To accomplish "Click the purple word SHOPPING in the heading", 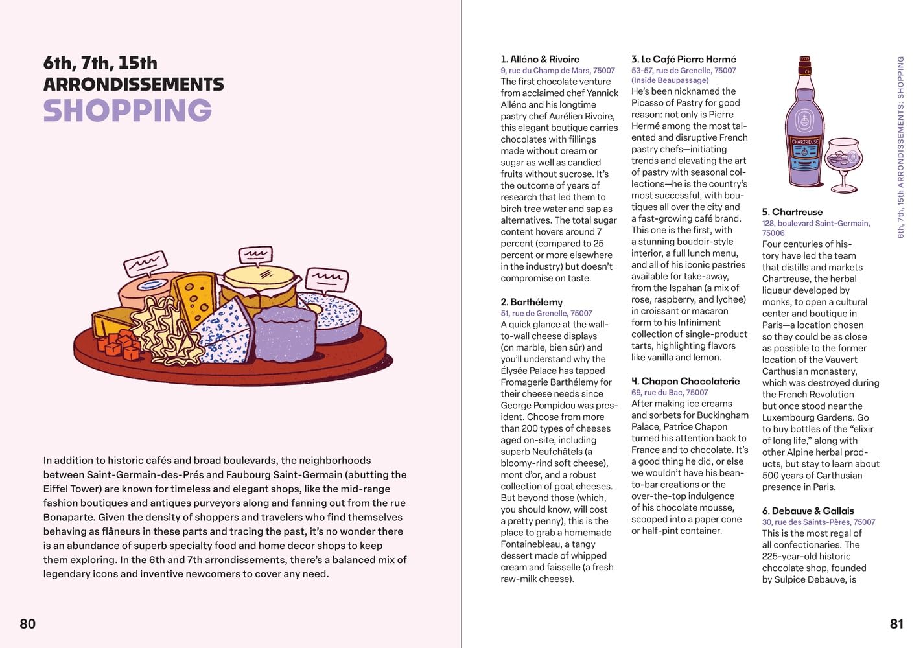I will (x=128, y=111).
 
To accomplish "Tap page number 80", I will (x=28, y=623).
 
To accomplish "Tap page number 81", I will (x=896, y=623).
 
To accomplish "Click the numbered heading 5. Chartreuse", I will (x=792, y=212).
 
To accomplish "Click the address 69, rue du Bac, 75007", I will (x=670, y=392).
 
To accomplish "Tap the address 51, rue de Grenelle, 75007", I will (x=546, y=313).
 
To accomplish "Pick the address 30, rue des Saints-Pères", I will (x=819, y=522).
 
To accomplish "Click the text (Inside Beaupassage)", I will (x=670, y=80).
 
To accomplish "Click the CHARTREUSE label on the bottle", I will (x=805, y=141).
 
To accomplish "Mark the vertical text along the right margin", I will (x=900, y=147).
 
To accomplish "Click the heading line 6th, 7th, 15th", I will (x=100, y=64).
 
